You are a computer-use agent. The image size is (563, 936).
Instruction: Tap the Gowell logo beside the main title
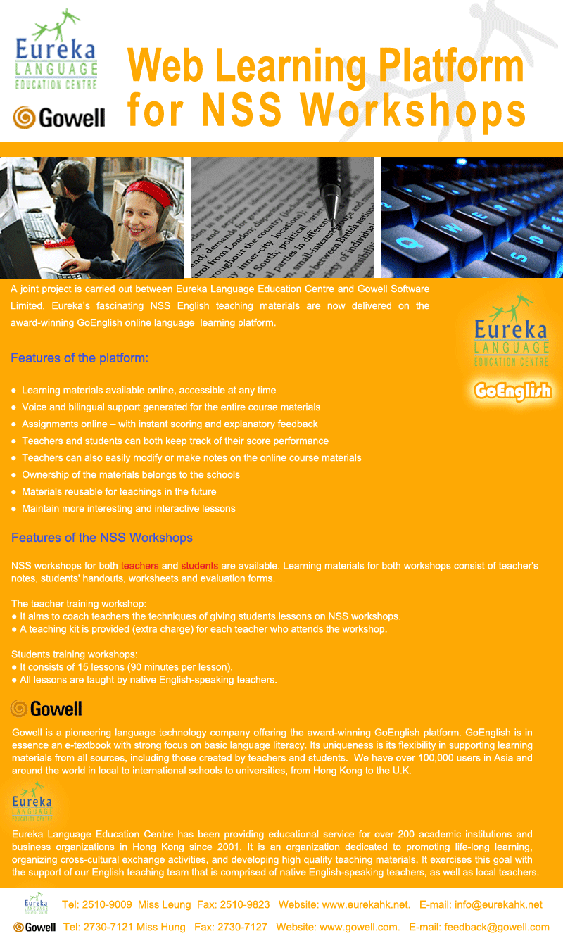point(59,117)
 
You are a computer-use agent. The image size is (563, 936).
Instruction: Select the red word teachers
point(140,566)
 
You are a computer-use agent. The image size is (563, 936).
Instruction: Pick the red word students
point(200,566)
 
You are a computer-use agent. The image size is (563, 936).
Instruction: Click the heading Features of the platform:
point(80,358)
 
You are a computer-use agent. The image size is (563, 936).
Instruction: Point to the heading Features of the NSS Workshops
point(102,538)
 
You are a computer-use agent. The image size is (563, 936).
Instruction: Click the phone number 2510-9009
point(107,904)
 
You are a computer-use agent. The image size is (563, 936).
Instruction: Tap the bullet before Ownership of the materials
point(14,475)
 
